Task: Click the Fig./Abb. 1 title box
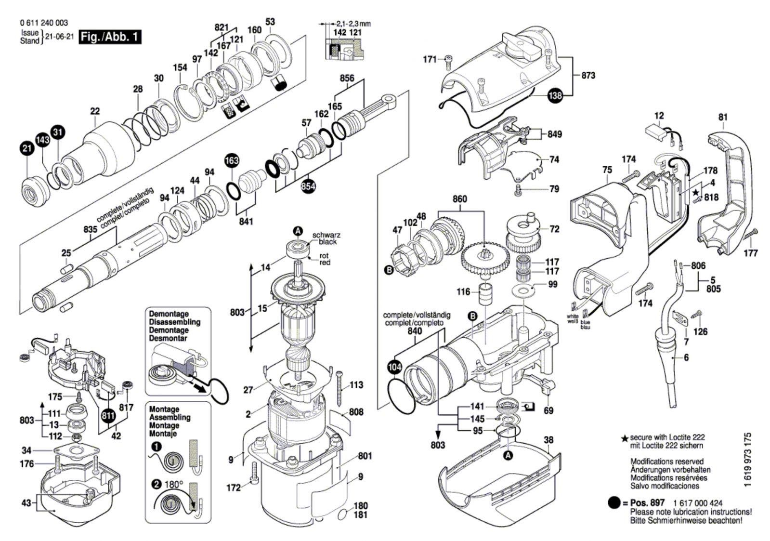(110, 37)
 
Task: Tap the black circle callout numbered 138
(555, 95)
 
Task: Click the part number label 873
(588, 75)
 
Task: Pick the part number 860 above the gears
(460, 199)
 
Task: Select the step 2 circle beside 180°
(157, 484)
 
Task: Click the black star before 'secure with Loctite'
(625, 438)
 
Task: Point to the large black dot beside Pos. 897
(614, 503)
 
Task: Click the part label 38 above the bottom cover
(548, 439)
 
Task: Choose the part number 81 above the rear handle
(723, 117)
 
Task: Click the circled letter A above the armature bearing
(298, 231)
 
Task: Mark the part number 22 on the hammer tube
(95, 111)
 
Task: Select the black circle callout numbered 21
(27, 148)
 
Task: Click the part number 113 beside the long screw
(356, 385)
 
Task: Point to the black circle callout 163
(232, 161)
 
